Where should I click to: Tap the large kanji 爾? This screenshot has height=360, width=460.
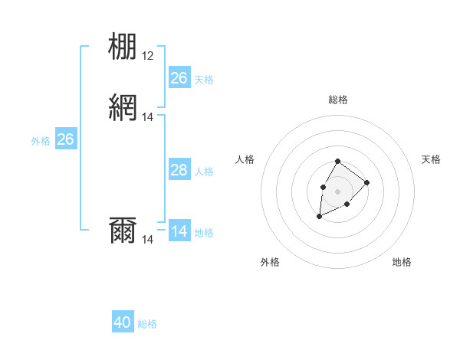(123, 231)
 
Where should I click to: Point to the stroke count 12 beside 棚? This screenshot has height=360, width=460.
(148, 56)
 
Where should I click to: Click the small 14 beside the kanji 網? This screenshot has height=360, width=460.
(148, 117)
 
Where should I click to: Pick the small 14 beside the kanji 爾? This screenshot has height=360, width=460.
(148, 240)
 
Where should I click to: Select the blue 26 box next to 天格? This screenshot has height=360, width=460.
(179, 78)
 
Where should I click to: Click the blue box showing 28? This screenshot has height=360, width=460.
(179, 170)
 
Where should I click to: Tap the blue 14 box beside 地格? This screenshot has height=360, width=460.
(179, 231)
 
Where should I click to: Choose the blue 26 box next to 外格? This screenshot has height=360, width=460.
(66, 139)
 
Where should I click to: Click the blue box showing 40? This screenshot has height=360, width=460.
(123, 322)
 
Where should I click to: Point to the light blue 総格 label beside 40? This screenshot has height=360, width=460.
(147, 324)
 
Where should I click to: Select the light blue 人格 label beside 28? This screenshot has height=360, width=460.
(204, 172)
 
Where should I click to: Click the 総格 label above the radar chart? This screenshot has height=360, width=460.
(337, 100)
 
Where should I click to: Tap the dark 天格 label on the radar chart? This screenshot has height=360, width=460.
(431, 159)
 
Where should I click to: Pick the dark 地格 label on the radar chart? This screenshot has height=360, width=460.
(402, 262)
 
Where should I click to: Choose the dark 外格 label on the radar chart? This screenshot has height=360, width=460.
(270, 262)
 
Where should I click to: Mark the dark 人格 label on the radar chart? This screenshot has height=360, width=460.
(245, 159)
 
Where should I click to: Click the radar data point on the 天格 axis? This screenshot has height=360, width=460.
(367, 182)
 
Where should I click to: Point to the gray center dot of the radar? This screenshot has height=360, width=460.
(337, 191)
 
